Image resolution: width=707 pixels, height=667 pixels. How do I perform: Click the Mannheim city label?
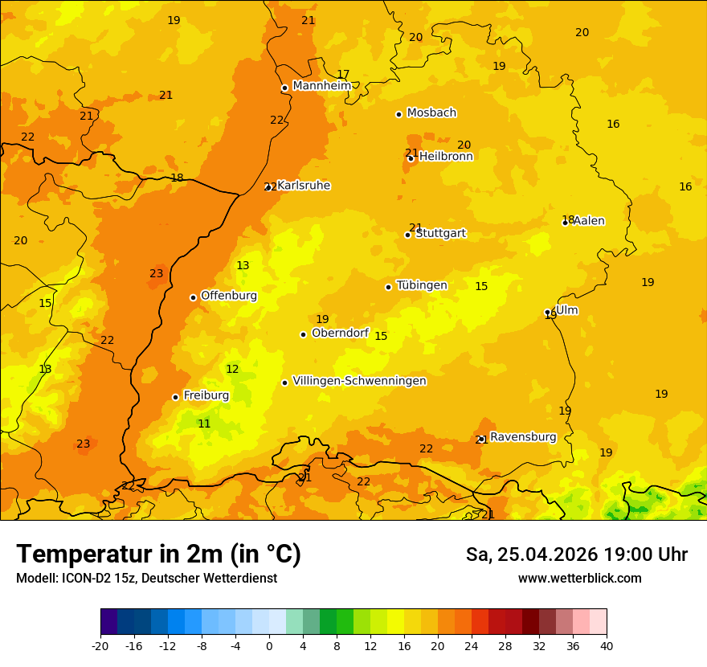tap(321, 86)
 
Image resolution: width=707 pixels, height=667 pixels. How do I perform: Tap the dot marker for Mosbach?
tap(398, 114)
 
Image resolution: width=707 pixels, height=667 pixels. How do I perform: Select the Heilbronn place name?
tap(446, 157)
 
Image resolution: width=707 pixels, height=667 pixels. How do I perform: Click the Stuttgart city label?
tap(440, 234)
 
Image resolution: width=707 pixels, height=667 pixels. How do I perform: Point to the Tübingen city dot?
tap(388, 287)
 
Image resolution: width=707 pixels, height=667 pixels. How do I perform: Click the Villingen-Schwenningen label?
tap(359, 381)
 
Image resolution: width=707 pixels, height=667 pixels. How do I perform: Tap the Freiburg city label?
tap(206, 395)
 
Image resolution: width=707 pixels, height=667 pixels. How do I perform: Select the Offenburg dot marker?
tap(193, 297)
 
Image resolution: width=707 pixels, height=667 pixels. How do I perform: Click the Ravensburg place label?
tap(523, 437)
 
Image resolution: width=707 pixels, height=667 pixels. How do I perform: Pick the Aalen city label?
tap(589, 221)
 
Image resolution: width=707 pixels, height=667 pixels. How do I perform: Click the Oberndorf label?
tap(340, 333)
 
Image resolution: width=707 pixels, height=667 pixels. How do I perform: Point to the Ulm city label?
tap(567, 310)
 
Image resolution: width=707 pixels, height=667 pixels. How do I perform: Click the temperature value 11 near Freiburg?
tap(204, 424)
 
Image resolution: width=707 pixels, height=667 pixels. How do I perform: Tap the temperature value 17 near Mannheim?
tap(343, 75)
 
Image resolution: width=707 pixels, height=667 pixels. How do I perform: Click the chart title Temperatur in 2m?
tap(158, 554)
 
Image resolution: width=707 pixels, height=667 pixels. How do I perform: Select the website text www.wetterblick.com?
tap(579, 579)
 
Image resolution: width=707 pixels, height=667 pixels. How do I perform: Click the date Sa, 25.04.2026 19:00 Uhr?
tap(576, 555)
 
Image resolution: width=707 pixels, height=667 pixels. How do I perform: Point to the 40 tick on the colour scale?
tap(607, 645)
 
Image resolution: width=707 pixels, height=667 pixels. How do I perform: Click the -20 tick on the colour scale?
tap(100, 645)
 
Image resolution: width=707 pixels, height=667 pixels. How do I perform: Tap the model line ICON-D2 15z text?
tap(146, 579)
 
